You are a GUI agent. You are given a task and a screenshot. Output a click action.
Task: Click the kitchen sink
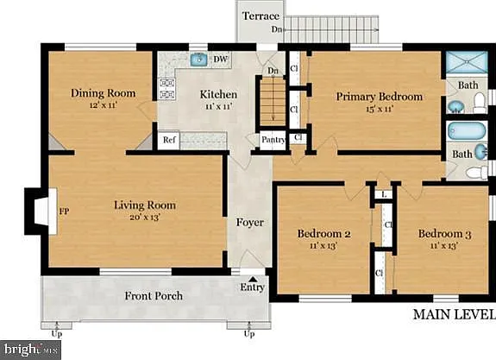tap(199, 60)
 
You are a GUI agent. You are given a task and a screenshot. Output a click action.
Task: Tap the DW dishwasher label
tap(221, 60)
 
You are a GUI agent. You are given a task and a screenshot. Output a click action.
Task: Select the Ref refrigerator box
tap(169, 140)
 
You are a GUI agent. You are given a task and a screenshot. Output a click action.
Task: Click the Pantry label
tap(273, 139)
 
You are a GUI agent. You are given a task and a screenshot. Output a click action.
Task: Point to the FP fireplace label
tap(64, 212)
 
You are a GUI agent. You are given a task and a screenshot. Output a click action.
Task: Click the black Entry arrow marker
tap(253, 279)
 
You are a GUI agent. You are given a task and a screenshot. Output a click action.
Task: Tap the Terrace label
tap(261, 16)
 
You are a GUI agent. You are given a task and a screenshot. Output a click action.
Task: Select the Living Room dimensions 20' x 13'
tap(145, 218)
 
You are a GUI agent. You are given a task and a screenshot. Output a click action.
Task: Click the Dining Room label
tap(104, 93)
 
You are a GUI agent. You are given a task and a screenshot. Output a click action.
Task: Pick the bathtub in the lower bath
tap(467, 130)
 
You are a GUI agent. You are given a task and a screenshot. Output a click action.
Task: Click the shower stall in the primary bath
tap(467, 62)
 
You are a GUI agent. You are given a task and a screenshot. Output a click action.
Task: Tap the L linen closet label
tap(384, 194)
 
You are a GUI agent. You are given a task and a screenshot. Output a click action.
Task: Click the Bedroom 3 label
tap(445, 234)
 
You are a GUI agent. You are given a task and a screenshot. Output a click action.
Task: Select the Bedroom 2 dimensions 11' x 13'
tap(323, 245)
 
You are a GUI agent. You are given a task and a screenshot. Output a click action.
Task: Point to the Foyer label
tap(250, 223)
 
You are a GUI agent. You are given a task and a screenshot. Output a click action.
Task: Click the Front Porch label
tap(154, 296)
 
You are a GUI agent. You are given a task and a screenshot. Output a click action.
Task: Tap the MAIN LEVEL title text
tap(455, 314)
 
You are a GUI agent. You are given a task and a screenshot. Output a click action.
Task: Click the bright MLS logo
tap(31, 350)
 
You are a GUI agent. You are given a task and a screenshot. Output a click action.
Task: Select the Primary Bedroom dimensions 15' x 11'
tap(380, 110)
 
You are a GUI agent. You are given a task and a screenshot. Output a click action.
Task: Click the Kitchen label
tap(218, 94)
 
